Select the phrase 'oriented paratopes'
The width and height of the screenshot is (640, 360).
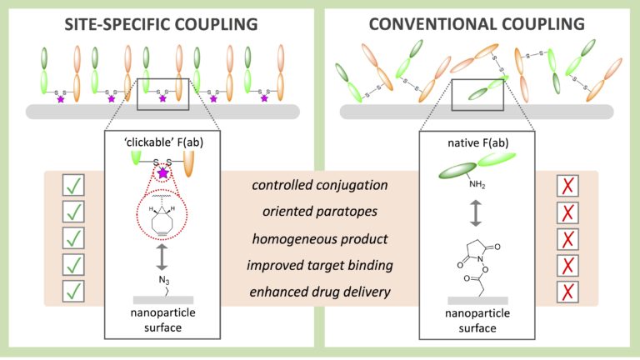pos(320,212)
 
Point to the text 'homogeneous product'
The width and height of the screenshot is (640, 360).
pos(320,238)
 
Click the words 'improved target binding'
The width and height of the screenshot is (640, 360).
pos(320,265)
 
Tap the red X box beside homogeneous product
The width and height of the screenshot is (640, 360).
pos(567,238)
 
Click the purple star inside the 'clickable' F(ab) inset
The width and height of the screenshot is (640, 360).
pos(162,174)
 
